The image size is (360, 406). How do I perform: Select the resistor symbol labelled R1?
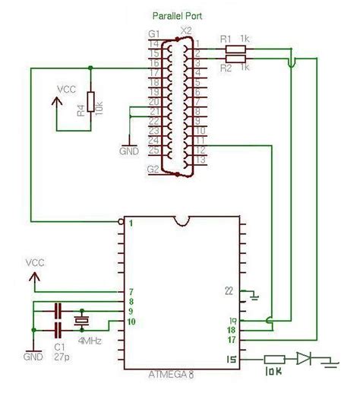(x=236, y=49)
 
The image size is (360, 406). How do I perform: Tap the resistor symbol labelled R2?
(x=236, y=58)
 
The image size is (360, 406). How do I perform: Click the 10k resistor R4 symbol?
(x=91, y=102)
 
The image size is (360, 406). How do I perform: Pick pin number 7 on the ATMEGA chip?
(x=131, y=291)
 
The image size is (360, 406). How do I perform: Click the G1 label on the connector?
(x=155, y=35)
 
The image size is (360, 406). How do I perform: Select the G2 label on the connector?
(x=154, y=168)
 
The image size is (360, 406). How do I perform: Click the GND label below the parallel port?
(x=130, y=151)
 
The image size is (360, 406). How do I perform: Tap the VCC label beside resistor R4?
(x=67, y=88)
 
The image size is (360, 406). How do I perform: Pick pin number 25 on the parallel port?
(x=153, y=151)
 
